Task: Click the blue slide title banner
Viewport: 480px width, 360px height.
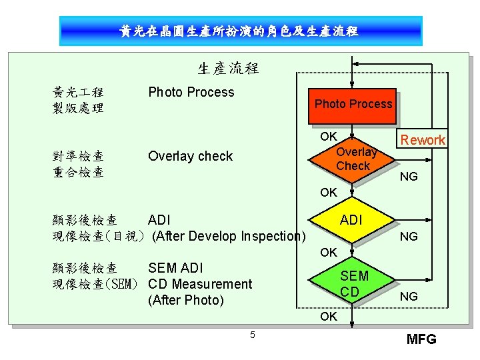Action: pos(239,31)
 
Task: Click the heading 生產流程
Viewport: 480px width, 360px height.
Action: pos(228,68)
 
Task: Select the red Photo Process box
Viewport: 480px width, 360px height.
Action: pos(353,104)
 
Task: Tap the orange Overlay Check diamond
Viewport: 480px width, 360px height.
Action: pos(352,159)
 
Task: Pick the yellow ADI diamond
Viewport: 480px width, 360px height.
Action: pos(351,221)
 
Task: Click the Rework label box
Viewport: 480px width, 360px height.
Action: pos(422,140)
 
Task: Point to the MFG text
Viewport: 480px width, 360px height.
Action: pos(421,339)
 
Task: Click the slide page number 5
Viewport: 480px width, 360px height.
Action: pos(252,335)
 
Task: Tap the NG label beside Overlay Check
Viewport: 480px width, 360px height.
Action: pos(409,177)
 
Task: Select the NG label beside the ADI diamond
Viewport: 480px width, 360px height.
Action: pos(409,236)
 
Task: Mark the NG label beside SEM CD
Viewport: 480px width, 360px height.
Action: pos(409,296)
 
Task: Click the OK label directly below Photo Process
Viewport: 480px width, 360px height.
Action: pos(328,137)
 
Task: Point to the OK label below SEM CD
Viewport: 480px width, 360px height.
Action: pos(328,316)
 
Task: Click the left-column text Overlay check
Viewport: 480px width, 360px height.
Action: pos(190,156)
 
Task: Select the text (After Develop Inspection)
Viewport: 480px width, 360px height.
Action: pos(229,236)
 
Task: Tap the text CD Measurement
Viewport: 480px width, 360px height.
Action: pos(200,284)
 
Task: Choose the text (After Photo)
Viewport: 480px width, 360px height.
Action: pos(186,300)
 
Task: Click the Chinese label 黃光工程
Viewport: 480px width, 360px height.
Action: pos(78,92)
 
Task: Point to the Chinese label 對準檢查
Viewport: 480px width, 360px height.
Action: pos(78,156)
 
